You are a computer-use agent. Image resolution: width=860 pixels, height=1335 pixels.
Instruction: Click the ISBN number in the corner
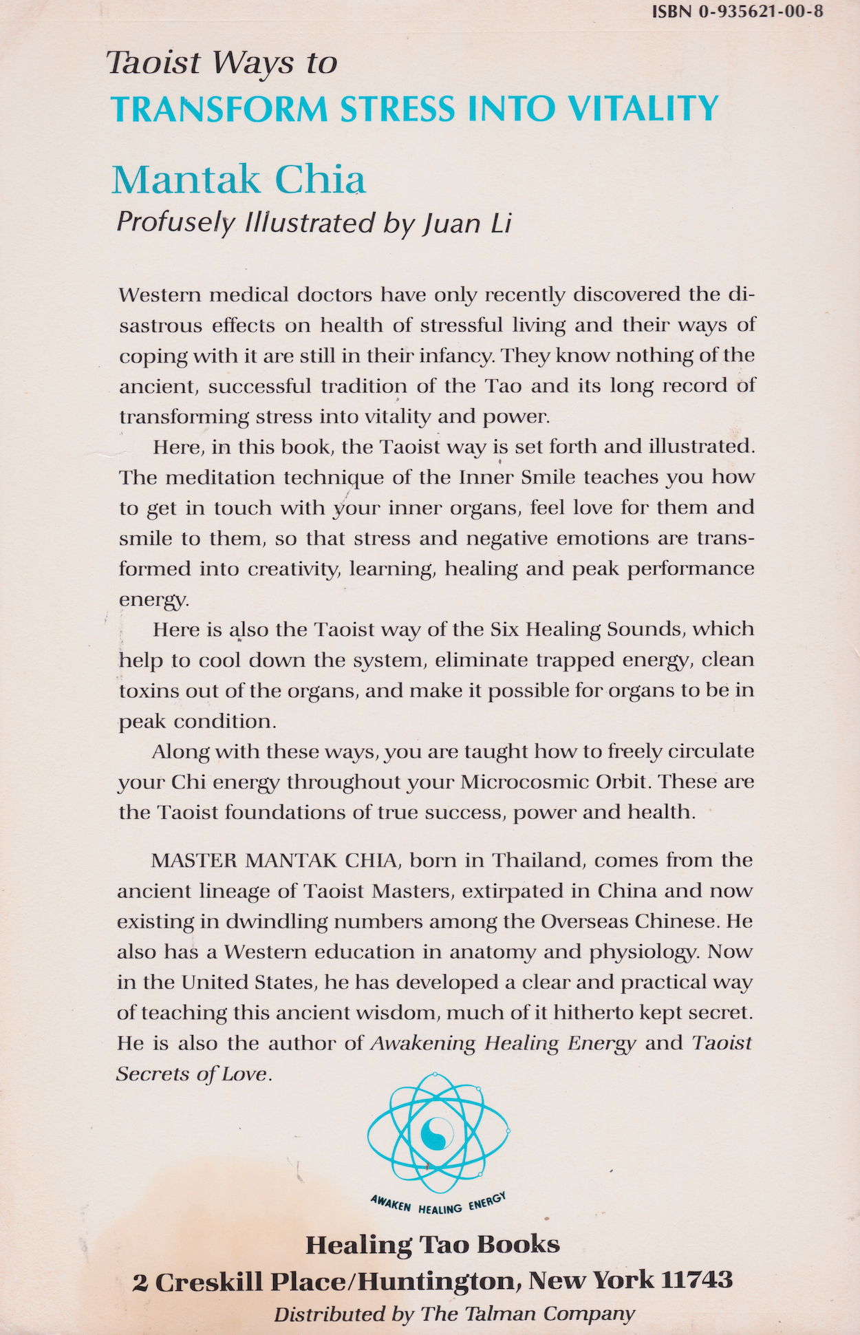click(738, 12)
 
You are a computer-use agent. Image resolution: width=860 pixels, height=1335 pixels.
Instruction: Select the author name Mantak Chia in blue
click(238, 180)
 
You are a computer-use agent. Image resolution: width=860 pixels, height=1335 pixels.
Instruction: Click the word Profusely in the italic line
click(175, 223)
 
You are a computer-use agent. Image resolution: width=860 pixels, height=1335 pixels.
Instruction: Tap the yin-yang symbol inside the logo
click(437, 1132)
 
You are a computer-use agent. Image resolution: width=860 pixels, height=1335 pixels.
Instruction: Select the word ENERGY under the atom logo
click(487, 1203)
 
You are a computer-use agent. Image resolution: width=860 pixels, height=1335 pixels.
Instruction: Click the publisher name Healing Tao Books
click(432, 1244)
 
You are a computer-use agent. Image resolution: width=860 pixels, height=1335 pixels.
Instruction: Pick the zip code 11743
click(696, 1280)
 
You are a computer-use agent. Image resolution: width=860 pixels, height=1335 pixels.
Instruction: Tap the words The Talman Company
click(528, 1314)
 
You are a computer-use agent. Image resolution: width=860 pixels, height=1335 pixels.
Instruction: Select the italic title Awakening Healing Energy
click(503, 1043)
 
